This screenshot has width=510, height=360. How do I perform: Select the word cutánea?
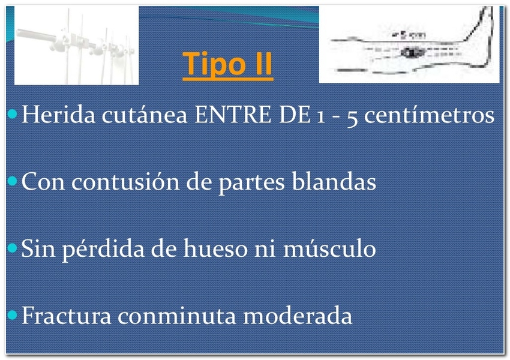(x=145, y=115)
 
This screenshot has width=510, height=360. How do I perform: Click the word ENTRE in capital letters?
(x=233, y=115)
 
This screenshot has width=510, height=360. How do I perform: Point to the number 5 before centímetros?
(x=352, y=116)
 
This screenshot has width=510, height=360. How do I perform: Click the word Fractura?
(x=67, y=315)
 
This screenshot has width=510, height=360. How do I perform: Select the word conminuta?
(x=176, y=315)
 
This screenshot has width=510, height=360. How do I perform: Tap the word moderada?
(x=298, y=315)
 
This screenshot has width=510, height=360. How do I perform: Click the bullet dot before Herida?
(x=13, y=114)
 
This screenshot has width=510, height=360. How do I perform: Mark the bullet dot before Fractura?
(x=13, y=315)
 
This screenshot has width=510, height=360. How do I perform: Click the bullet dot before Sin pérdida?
(x=13, y=248)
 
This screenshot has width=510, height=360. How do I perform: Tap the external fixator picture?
(x=76, y=45)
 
